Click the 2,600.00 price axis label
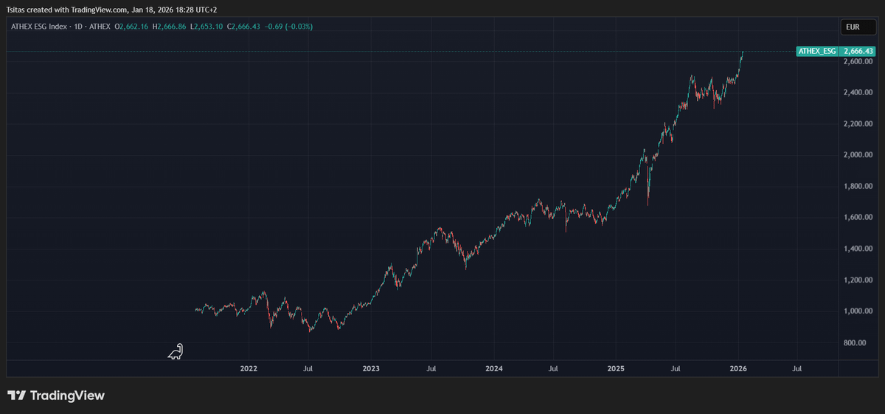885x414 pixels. tap(858, 61)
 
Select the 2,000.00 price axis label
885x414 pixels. tap(858, 155)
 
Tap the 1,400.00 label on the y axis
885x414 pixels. tap(858, 249)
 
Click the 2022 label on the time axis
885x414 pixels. tap(249, 368)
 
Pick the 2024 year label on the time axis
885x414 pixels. tap(494, 368)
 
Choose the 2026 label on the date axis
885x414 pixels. tap(738, 368)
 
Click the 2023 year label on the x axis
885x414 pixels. tap(371, 368)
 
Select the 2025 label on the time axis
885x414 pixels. tap(616, 368)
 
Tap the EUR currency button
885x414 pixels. tap(858, 27)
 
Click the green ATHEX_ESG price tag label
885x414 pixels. tap(817, 51)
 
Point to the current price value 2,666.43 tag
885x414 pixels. tap(858, 51)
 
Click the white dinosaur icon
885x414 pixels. tap(176, 351)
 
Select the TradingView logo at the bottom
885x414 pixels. tap(56, 396)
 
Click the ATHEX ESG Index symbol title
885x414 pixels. tap(38, 27)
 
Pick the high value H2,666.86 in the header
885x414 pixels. tap(169, 27)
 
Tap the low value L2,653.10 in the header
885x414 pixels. tap(206, 27)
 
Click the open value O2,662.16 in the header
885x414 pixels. tap(131, 27)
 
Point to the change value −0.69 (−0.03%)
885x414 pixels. tap(288, 27)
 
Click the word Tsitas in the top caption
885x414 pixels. tap(15, 10)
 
